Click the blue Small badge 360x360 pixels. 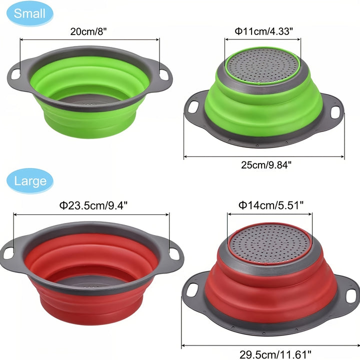29,13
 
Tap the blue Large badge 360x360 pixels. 29,180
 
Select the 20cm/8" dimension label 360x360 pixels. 88,31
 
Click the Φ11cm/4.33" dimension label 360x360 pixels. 264,31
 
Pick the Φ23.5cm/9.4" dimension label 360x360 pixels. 93,204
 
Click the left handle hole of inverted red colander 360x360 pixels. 191,289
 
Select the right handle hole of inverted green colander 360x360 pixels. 335,112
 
